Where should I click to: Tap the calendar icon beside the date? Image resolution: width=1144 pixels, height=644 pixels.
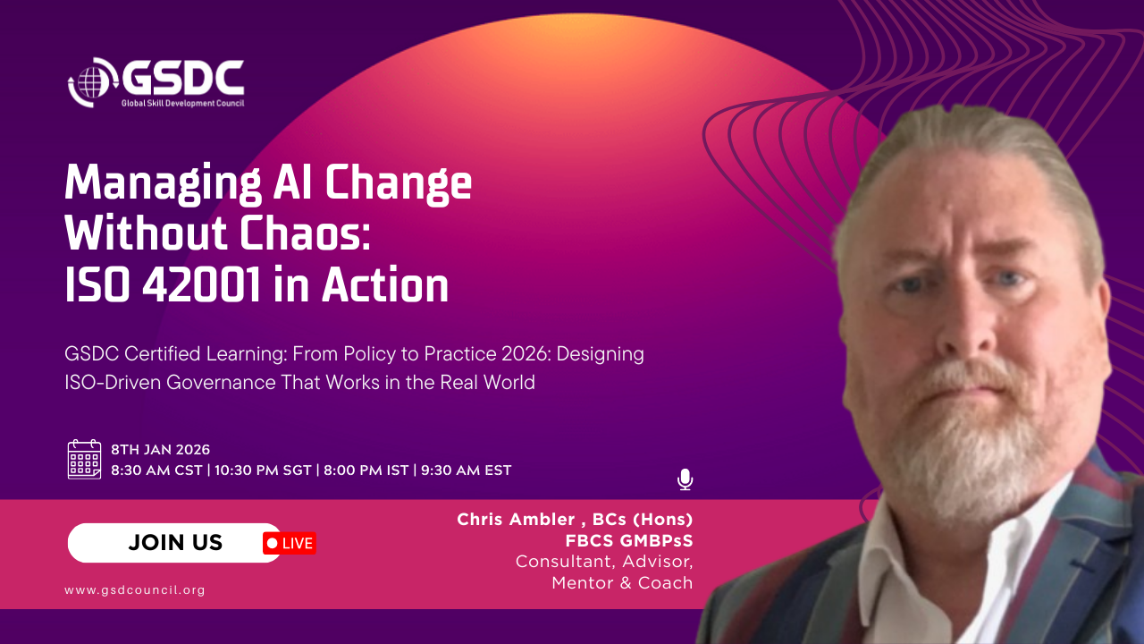coord(84,459)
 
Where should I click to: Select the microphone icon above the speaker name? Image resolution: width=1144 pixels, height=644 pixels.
coord(685,479)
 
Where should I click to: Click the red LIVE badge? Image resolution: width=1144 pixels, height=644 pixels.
coord(290,543)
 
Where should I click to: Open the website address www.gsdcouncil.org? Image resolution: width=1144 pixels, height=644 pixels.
coord(135,589)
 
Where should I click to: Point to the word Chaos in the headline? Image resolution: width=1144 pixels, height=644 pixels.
coord(305,233)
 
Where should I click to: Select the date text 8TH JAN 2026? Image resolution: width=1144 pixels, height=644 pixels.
coord(160,450)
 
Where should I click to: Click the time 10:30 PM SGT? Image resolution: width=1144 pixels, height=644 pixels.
coord(263,470)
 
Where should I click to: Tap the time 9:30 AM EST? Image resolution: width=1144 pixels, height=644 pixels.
coord(466,470)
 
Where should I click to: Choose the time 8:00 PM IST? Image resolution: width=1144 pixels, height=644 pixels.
coord(366,470)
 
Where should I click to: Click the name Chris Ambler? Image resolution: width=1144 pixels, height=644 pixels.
coord(516,520)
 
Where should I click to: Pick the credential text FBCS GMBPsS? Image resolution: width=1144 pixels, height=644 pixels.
coord(629,540)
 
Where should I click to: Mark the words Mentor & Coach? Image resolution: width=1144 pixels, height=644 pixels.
coord(622,582)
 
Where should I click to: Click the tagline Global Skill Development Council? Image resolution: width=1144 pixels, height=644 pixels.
coord(182,103)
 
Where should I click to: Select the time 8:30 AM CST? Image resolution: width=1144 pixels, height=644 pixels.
coord(156,470)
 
